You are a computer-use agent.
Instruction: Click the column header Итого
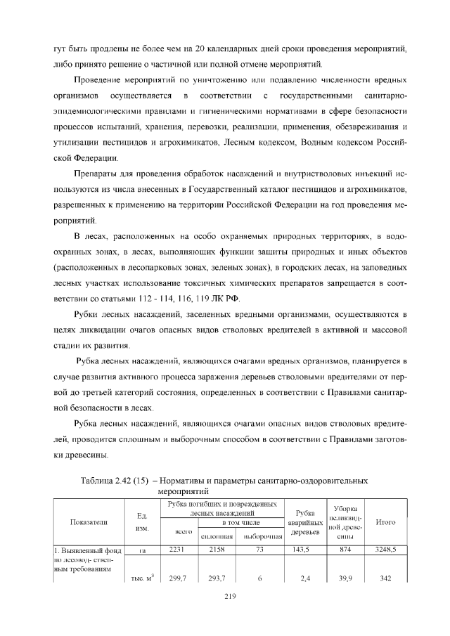coord(386,522)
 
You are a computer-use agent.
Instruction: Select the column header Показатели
coord(89,522)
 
